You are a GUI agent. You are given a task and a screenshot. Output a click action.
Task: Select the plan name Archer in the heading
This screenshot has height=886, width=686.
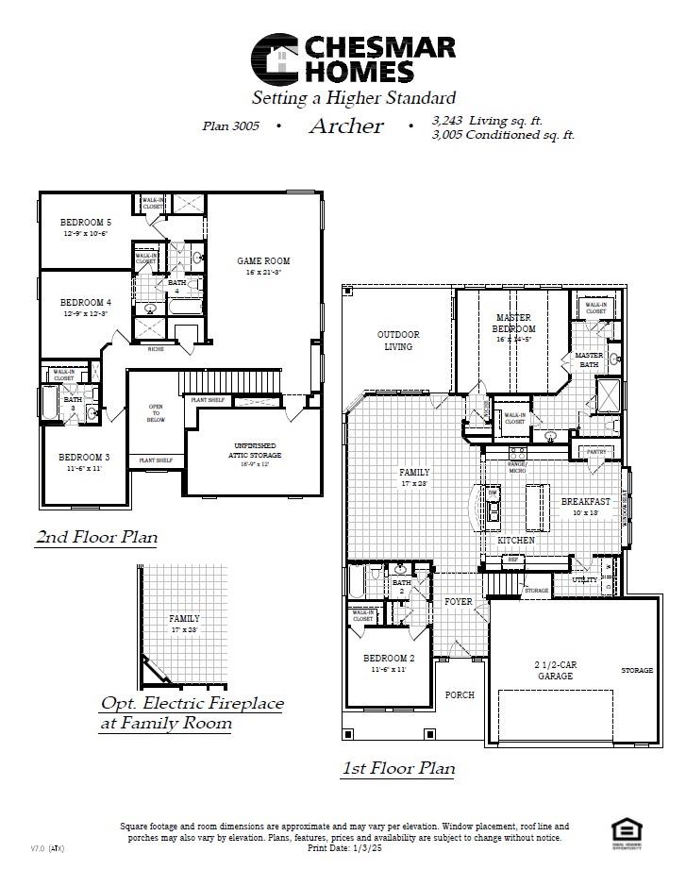pos(346,126)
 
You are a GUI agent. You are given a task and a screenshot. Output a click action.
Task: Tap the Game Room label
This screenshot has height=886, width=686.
pos(263,260)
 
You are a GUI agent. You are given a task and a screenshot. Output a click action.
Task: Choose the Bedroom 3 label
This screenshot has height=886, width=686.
pos(85,458)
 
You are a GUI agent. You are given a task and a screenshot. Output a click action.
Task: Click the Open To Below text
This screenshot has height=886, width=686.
pos(156,415)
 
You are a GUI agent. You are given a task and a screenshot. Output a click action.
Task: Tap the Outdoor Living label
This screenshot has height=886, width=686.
pos(398,340)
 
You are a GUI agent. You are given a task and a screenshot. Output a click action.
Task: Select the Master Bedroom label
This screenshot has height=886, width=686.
pos(514,323)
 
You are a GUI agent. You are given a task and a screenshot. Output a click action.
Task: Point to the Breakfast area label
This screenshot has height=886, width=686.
pos(586,502)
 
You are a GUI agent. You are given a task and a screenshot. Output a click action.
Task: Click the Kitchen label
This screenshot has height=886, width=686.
pos(516,540)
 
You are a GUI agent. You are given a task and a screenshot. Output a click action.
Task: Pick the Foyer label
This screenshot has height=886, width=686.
pos(459,601)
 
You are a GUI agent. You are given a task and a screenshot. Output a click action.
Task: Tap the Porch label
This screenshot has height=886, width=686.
pos(460,694)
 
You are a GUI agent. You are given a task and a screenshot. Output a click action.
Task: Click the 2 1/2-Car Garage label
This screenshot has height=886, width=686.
pos(555,669)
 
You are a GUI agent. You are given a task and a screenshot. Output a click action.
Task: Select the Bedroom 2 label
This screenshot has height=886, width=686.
pos(387,658)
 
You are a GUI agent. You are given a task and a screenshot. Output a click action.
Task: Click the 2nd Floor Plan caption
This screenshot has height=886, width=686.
pos(96,537)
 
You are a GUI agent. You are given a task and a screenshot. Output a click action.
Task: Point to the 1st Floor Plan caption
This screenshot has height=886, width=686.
pos(397,768)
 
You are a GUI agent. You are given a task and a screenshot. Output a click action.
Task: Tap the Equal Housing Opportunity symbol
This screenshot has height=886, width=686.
pos(624,831)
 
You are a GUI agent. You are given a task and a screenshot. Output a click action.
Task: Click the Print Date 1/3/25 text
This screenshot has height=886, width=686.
pos(342,847)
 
